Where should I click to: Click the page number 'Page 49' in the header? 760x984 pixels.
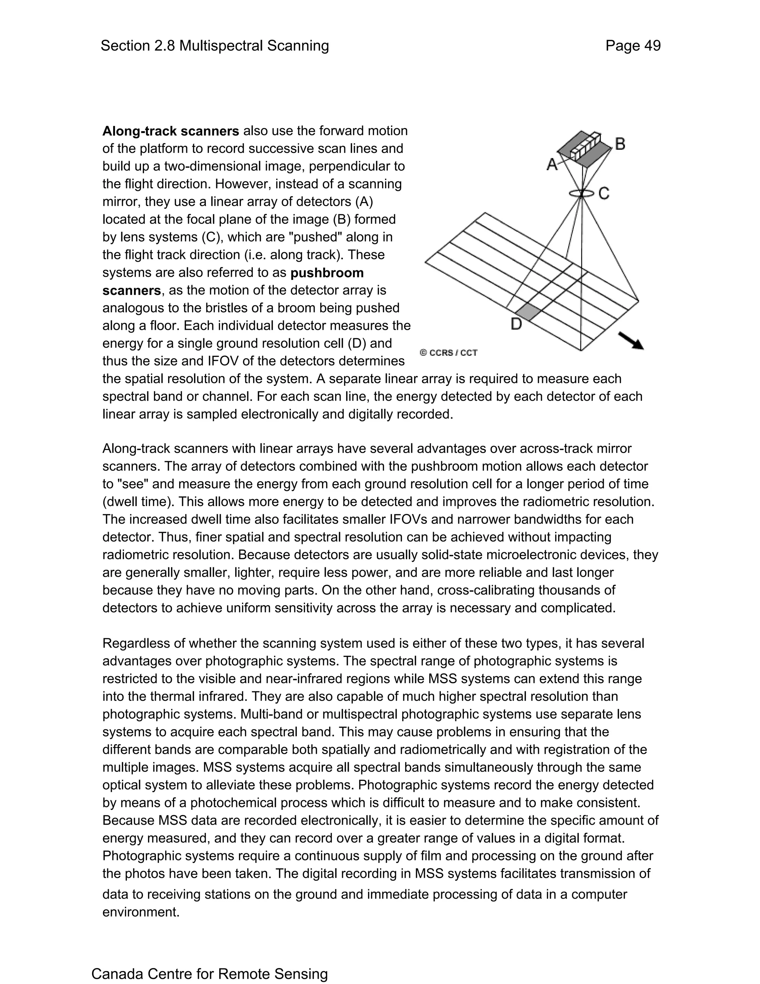[x=633, y=46]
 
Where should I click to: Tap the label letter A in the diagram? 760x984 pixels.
[x=552, y=165]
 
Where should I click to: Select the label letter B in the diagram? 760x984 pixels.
[x=620, y=144]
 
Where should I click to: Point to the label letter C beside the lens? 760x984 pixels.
[x=604, y=193]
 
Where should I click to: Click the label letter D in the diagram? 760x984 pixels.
[x=517, y=323]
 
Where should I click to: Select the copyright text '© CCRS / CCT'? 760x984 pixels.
[x=448, y=353]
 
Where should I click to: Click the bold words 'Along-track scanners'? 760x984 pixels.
[x=171, y=131]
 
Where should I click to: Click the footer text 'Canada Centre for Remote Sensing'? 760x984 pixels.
[x=209, y=974]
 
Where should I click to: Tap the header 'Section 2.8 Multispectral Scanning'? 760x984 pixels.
[x=215, y=46]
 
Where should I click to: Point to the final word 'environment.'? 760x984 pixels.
[x=141, y=912]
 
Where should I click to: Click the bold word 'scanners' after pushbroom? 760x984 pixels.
[x=131, y=291]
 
